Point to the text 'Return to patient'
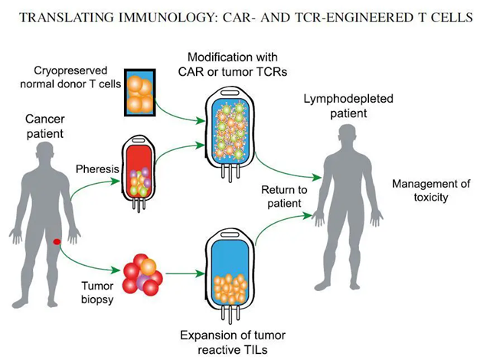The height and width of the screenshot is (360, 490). point(283,198)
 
